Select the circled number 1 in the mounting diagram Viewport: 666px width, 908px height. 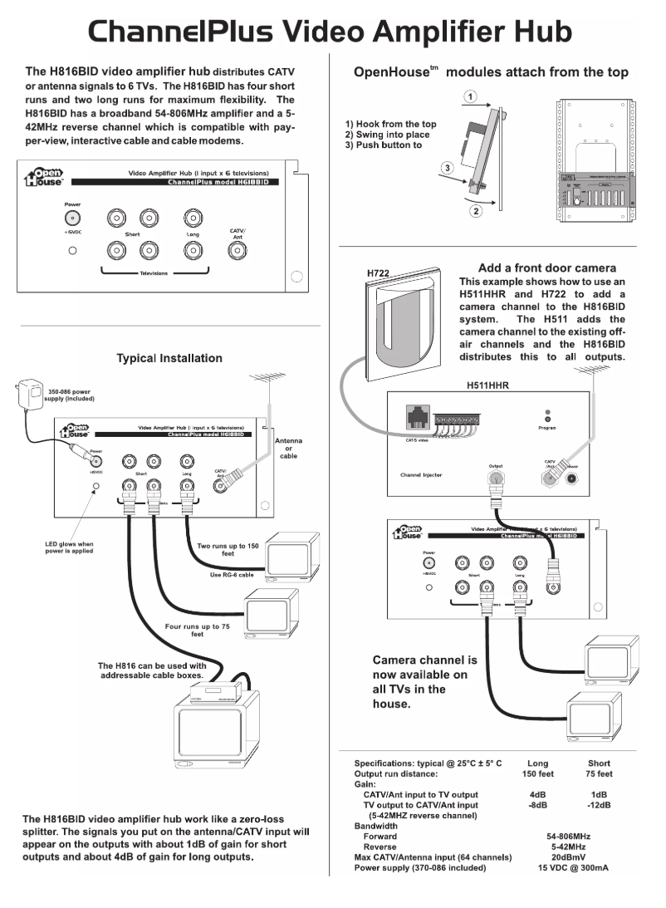(x=471, y=98)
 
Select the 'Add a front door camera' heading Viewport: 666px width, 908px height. (x=546, y=268)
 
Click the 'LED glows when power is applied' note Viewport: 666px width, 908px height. (x=70, y=547)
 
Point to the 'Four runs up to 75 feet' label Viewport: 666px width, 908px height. (x=197, y=631)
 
